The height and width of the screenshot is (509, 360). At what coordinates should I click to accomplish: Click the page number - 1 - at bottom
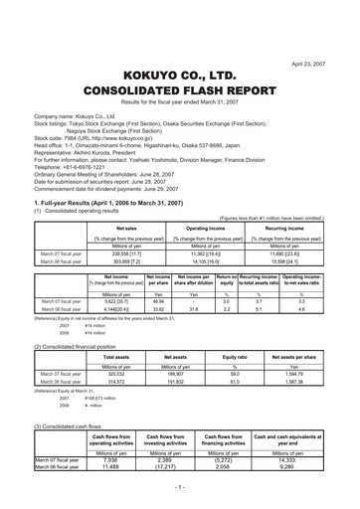click(180, 491)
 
